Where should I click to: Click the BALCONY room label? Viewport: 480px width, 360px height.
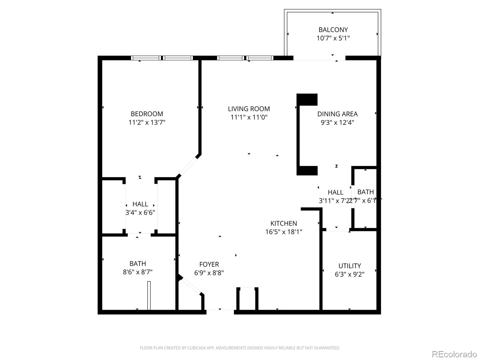(x=333, y=30)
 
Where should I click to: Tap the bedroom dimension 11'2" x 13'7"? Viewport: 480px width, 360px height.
(x=147, y=122)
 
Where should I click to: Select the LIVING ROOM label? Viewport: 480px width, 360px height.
(x=249, y=109)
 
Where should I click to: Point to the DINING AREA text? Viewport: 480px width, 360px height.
(x=337, y=114)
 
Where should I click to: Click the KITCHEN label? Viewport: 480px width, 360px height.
(x=283, y=223)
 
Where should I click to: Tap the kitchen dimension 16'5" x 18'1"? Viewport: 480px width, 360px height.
(x=283, y=232)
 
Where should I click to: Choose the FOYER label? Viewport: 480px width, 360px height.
(x=209, y=264)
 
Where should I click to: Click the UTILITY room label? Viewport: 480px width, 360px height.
(x=349, y=266)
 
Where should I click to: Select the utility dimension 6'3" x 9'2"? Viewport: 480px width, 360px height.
(x=349, y=274)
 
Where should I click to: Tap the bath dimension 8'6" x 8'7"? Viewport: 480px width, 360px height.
(x=138, y=272)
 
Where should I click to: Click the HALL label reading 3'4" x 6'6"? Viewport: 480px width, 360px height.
(x=140, y=204)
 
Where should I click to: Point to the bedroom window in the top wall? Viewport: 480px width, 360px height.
(x=162, y=58)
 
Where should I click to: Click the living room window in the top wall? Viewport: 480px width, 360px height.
(x=245, y=58)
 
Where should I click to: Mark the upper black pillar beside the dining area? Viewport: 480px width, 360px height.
(x=307, y=100)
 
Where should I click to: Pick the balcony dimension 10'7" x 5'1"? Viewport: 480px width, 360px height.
(x=333, y=38)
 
